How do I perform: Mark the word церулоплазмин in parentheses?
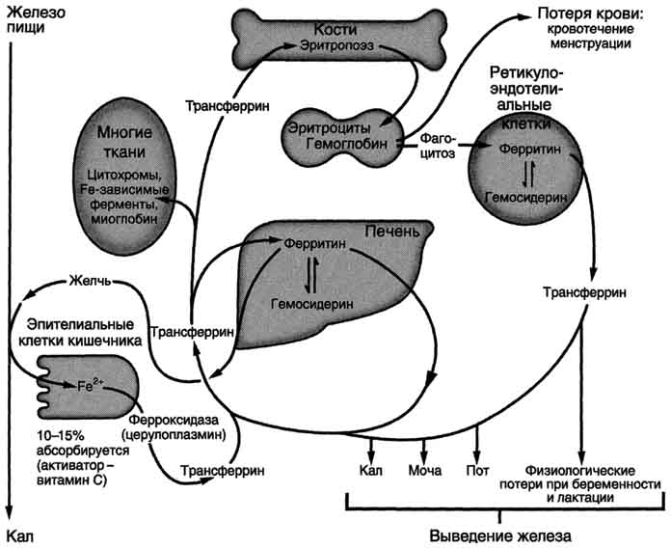(183, 435)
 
